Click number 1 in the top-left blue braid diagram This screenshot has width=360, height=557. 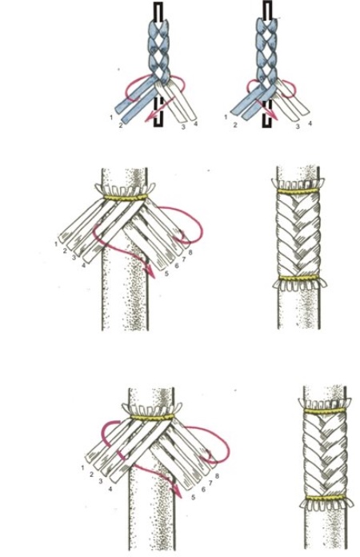[111, 117]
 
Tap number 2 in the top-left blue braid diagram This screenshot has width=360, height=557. [121, 126]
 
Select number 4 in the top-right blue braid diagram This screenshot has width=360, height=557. [310, 124]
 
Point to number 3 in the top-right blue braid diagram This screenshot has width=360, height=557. [298, 126]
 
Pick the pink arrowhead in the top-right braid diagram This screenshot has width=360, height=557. [274, 115]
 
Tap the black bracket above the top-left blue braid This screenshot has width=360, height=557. [158, 13]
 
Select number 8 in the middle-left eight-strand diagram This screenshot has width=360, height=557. [190, 253]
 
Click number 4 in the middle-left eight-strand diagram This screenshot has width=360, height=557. [83, 265]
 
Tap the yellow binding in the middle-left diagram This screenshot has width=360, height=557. [126, 197]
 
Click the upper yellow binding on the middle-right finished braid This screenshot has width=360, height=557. [298, 191]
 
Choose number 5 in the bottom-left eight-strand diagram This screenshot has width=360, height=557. [193, 497]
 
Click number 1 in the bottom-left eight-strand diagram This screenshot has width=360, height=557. [82, 468]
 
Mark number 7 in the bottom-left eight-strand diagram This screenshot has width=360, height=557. [210, 483]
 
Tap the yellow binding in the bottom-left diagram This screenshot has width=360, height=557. [152, 417]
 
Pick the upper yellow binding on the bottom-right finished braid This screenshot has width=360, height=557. [324, 411]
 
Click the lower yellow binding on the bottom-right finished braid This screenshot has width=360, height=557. [325, 497]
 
